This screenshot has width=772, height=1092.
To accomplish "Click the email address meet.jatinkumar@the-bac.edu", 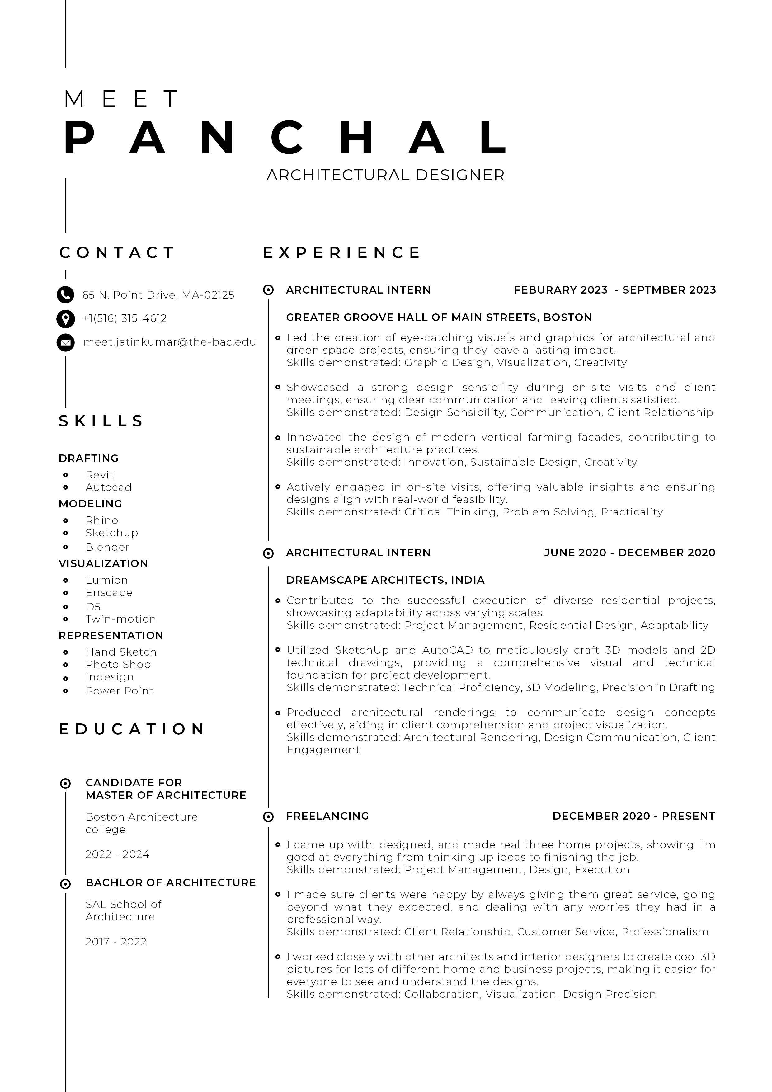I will coord(169,342).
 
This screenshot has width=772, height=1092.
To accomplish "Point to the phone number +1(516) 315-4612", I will coord(125,318).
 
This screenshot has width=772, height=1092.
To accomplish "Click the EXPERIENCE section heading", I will coord(341,252).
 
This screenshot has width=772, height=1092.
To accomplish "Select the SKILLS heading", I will coord(101,421).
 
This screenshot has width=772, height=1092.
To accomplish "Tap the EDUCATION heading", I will coord(132,729).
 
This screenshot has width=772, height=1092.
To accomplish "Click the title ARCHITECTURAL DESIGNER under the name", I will coord(385,175).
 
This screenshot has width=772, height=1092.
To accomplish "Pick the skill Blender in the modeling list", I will coord(107,547).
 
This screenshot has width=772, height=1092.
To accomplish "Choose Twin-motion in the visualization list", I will coord(121,619).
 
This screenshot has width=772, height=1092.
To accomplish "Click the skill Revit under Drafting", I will coord(99,475).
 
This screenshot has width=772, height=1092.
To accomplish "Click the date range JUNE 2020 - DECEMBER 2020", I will coord(629,553).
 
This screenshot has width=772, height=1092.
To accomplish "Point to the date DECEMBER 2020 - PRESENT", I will coord(633,816).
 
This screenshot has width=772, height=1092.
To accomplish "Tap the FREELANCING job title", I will coord(327,816).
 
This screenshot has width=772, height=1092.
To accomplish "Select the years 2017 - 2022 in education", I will coord(115,942).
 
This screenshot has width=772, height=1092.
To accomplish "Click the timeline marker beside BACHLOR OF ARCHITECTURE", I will coord(66,884).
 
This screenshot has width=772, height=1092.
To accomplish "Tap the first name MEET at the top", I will coord(121,99).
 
